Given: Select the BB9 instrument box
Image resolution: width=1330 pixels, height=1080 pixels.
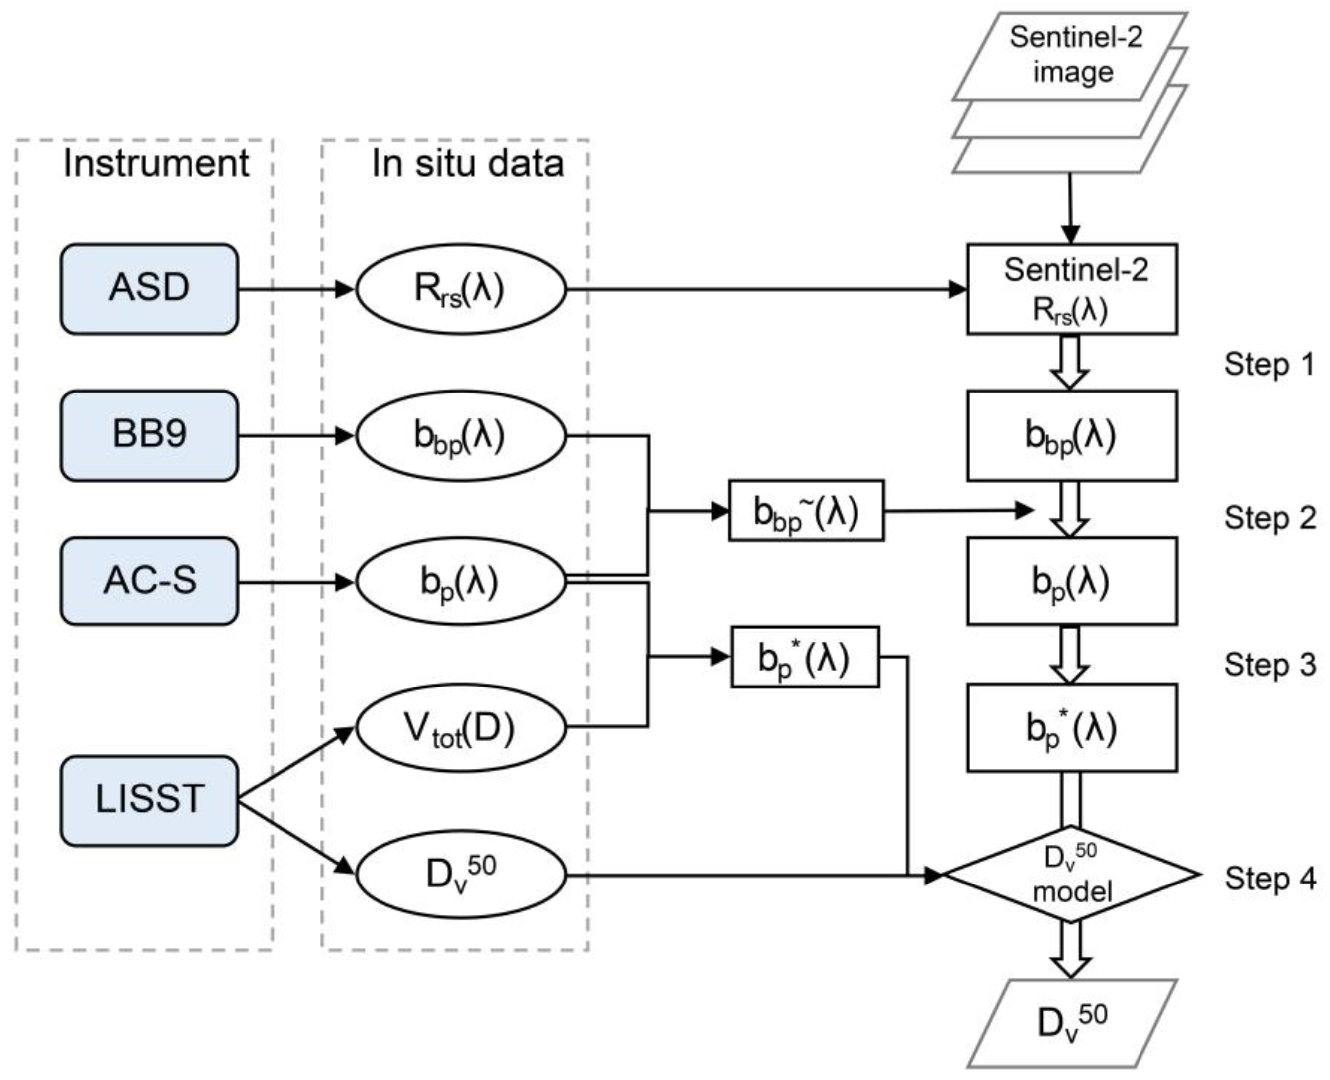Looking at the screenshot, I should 149,435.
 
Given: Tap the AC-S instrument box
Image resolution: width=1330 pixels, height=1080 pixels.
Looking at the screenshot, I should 149,582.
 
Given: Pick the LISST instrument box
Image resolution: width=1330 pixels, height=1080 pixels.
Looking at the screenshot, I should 149,800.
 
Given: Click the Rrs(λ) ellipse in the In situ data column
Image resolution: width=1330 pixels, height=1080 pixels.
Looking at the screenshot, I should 461,290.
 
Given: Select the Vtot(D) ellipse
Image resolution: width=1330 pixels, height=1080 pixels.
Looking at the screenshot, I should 461,728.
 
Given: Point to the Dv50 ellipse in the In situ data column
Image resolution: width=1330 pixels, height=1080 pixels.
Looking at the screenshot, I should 461,874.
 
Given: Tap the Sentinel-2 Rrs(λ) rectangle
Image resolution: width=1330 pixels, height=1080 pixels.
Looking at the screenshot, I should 1072,290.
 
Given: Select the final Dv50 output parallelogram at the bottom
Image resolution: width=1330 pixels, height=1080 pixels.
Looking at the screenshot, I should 1072,1023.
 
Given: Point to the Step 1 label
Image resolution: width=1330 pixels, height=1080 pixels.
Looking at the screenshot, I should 1269,365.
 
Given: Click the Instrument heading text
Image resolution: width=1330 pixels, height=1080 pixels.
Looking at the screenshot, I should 156,164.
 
